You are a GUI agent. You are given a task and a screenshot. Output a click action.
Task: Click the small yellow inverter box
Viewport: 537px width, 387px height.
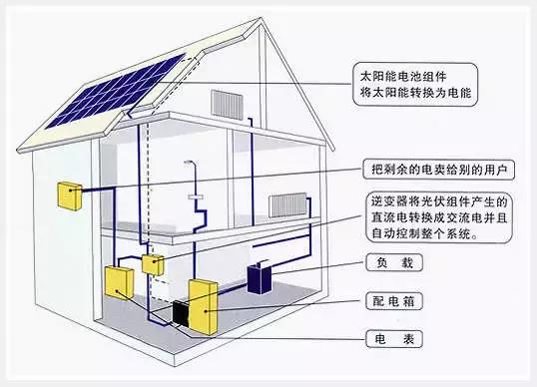(x=154, y=263)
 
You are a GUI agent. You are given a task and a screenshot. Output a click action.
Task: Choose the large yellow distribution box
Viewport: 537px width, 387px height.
(x=204, y=304)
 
